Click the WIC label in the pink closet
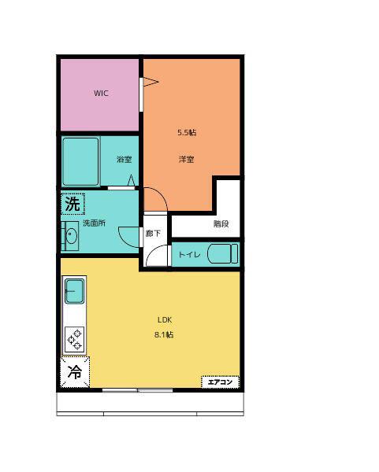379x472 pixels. [101, 93]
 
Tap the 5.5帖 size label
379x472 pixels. [187, 132]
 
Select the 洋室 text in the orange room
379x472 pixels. [186, 159]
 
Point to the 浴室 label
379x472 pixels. [124, 159]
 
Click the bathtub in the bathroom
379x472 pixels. [81, 161]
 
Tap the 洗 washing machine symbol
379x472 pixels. [72, 204]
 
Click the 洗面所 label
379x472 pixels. [94, 223]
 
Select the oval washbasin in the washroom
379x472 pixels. [72, 236]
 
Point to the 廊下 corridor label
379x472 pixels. [153, 234]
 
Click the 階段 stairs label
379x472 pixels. [221, 223]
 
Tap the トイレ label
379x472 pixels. [189, 255]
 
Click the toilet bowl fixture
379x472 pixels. [222, 254]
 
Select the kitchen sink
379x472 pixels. [75, 291]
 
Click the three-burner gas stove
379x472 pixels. [75, 340]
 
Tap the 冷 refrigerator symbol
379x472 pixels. [75, 372]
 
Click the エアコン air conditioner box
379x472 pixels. [220, 382]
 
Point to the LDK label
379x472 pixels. [165, 319]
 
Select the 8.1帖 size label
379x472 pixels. [164, 335]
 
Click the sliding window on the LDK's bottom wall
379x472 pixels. [137, 390]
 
